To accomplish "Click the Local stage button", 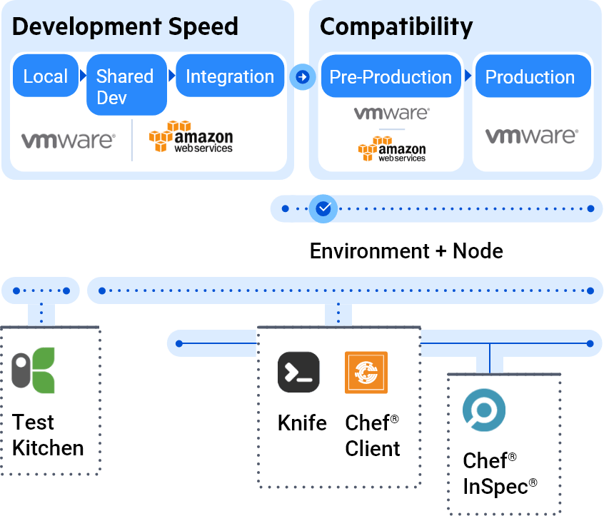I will [45, 77].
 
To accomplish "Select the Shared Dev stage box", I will [126, 86].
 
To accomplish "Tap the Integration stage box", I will [229, 77].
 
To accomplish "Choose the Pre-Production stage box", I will [390, 77].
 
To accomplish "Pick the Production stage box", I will [530, 77].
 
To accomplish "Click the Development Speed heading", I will [125, 27].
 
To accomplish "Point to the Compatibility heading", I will [396, 27].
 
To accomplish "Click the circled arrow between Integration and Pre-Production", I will [302, 76].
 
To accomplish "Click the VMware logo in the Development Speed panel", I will [68, 140].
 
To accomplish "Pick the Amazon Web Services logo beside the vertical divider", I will [191, 137].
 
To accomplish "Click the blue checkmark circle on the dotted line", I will [323, 208].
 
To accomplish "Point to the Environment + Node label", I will [406, 251].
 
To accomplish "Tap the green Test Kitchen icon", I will [34, 371].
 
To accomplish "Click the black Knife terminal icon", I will [298, 373].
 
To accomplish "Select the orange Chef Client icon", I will [366, 373].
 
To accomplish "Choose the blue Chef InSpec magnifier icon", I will [484, 411].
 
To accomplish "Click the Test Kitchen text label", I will [48, 435].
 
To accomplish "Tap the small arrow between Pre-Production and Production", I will [468, 76].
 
